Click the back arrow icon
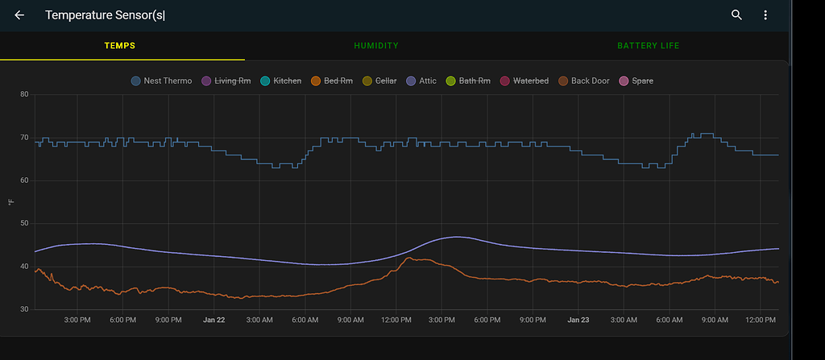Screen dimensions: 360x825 click(x=19, y=15)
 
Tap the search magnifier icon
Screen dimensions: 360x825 click(x=736, y=15)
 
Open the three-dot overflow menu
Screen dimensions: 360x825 click(x=765, y=15)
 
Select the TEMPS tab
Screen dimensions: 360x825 click(x=120, y=46)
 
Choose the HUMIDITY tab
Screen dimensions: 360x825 click(x=376, y=46)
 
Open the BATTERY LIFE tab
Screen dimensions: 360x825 click(x=648, y=46)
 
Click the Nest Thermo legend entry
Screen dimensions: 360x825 click(x=162, y=81)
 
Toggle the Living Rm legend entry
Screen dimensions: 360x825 click(x=233, y=81)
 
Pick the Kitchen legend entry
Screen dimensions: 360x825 click(x=281, y=81)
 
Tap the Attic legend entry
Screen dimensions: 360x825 click(x=421, y=81)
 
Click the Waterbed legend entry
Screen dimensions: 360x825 click(x=524, y=81)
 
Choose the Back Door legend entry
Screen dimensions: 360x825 click(x=583, y=81)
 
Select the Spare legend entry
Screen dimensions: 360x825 click(x=636, y=81)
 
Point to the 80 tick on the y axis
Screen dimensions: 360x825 click(x=24, y=95)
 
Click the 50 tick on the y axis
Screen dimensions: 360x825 click(x=24, y=223)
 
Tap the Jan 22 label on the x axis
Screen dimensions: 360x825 click(x=214, y=321)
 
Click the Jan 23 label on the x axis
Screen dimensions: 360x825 click(x=578, y=321)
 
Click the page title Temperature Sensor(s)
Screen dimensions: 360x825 click(x=105, y=15)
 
